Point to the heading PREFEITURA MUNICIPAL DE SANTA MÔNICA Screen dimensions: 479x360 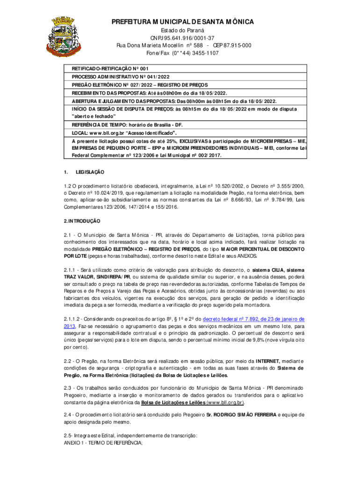(183, 22)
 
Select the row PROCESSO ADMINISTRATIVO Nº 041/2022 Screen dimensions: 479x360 (120, 76)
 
